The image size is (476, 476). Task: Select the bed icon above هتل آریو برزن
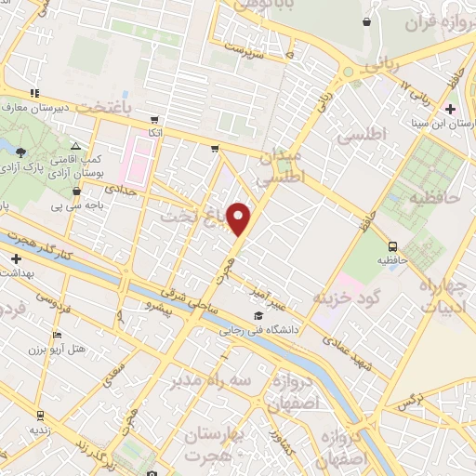(58, 336)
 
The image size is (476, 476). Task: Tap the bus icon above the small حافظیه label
(392, 247)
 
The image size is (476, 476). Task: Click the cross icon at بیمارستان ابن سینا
(451, 110)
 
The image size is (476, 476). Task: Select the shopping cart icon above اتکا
(153, 119)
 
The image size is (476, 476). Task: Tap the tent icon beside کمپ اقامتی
(76, 147)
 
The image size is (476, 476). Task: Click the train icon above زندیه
(40, 416)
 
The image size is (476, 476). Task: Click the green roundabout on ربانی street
(348, 72)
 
